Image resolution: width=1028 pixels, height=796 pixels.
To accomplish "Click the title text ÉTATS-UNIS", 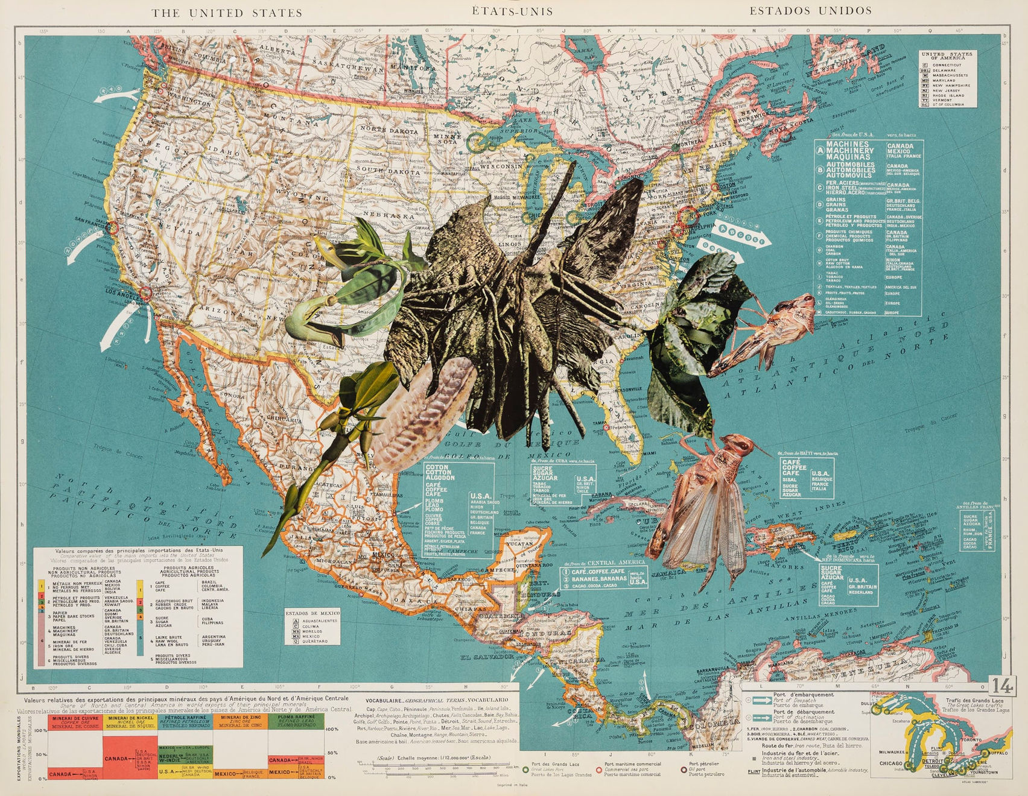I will pos(513,11).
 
